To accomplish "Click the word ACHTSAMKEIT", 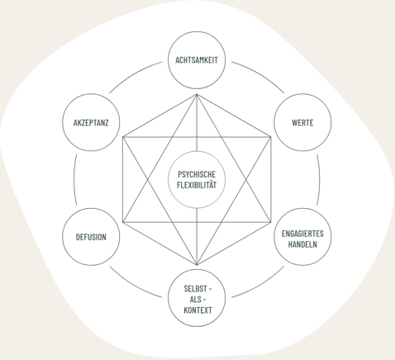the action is tap(197, 60).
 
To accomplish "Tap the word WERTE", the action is tap(302, 122).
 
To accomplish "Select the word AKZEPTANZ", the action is tap(91, 122).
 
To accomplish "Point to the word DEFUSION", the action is tap(91, 237).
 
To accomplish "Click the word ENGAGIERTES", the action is tap(302, 234).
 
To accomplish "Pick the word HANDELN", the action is tap(302, 244).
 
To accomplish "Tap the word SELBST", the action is tap(195, 289).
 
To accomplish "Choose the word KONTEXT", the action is tap(197, 310).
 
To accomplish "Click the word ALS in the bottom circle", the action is tap(195, 300).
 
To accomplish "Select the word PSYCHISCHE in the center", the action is tap(197, 174).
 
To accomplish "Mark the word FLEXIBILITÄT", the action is tap(197, 185).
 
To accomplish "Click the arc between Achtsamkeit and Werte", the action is tap(260, 74).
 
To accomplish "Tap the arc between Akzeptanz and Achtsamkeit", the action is tap(133, 74).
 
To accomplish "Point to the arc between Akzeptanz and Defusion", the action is tap(74, 180).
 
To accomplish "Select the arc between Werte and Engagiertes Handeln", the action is tap(320, 180).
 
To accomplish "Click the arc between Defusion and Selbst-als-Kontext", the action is tap(133, 285).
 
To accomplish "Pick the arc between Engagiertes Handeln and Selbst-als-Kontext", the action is tap(260, 285).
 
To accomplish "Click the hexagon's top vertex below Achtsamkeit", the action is tap(197, 94).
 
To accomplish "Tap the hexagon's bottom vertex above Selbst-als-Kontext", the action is tap(197, 265).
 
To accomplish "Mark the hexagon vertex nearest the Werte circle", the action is tap(271, 137).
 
